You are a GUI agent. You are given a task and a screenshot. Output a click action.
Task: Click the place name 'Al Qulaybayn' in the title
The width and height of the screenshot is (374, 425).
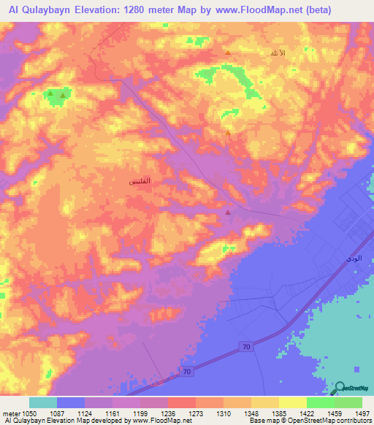coord(38,10)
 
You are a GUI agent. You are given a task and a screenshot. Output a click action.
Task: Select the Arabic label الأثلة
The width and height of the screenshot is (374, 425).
coord(274,53)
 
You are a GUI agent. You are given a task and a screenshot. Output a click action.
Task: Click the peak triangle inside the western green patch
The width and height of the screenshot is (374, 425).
coord(64,94)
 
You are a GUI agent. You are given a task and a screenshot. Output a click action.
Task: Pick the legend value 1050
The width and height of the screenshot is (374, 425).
coord(23,413)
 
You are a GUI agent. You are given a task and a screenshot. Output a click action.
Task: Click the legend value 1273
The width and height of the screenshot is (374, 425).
coord(196,413)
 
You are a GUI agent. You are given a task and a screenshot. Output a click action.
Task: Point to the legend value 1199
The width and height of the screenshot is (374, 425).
coord(140,413)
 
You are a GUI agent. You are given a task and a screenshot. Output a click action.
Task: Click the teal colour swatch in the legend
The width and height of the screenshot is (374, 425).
coord(43,402)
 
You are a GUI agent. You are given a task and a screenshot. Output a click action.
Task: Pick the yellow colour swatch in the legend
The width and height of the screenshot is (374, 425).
coord(292,402)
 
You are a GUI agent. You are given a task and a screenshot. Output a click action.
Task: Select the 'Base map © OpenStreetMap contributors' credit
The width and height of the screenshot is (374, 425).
coord(309,421)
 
